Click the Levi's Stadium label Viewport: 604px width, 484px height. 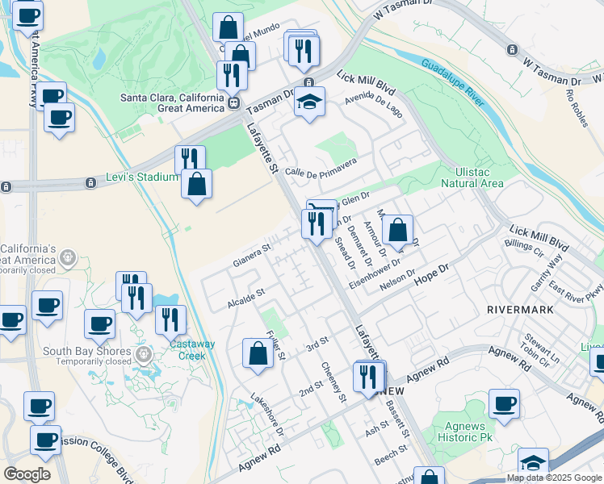tap(141, 177)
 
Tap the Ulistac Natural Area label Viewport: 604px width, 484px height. tap(472, 177)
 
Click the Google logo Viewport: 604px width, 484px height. tap(27, 474)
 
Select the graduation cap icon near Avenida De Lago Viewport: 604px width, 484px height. tap(309, 102)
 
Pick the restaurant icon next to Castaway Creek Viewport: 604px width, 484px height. tap(170, 321)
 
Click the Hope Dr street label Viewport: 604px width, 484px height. tap(430, 272)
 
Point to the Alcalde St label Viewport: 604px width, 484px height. tap(246, 298)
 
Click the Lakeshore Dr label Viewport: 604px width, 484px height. tap(267, 414)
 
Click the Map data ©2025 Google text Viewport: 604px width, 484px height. tap(553, 478)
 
